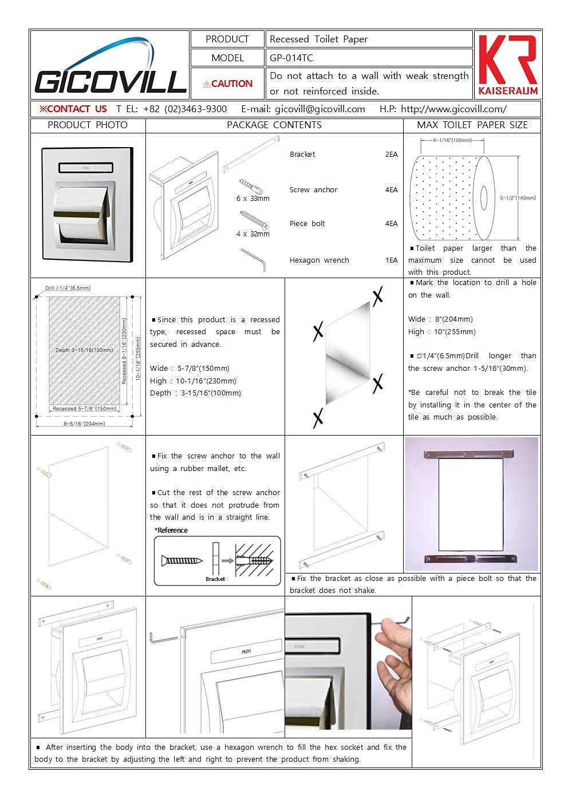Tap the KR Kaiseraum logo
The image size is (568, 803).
507,65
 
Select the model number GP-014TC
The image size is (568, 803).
291,58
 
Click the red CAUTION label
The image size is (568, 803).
227,84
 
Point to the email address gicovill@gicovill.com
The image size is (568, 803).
320,109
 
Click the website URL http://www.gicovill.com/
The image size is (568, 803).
453,109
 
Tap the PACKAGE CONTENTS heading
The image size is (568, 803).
274,125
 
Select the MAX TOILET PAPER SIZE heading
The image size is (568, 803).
472,125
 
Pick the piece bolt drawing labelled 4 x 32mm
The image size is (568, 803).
253,220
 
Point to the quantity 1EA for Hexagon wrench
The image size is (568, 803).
391,260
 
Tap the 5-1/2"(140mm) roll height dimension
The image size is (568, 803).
518,198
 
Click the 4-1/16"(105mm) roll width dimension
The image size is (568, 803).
452,140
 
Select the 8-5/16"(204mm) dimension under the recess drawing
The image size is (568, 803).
84,424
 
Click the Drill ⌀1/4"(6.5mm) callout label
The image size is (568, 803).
68,288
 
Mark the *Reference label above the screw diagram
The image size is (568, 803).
171,531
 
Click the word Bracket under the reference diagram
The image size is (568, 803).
215,579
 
